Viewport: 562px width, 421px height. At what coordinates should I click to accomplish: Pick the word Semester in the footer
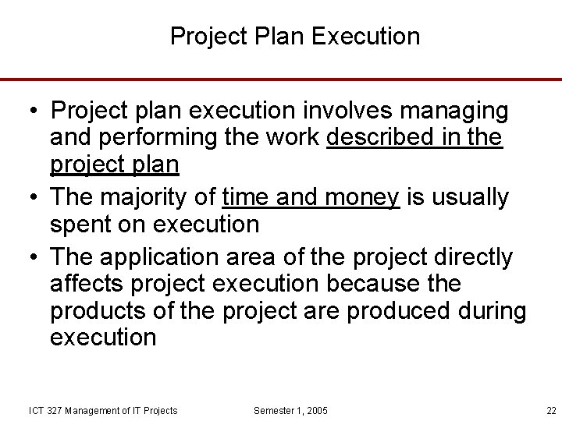[274, 411]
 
